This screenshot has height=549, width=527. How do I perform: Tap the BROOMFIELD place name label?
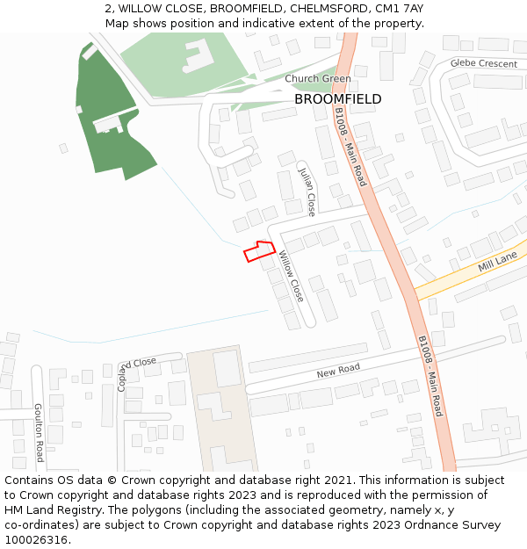tap(337, 99)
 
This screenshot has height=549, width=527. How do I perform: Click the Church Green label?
tap(317, 79)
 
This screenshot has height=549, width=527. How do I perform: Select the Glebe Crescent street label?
tap(484, 63)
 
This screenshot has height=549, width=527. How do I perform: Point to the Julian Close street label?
tap(307, 191)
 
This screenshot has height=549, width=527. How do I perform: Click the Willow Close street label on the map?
tap(292, 277)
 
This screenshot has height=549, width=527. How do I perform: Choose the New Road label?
tap(338, 372)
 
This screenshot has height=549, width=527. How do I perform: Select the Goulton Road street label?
tap(39, 432)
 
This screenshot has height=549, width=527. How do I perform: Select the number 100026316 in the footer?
tap(36, 540)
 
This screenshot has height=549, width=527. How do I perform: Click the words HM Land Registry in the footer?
tap(48, 510)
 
